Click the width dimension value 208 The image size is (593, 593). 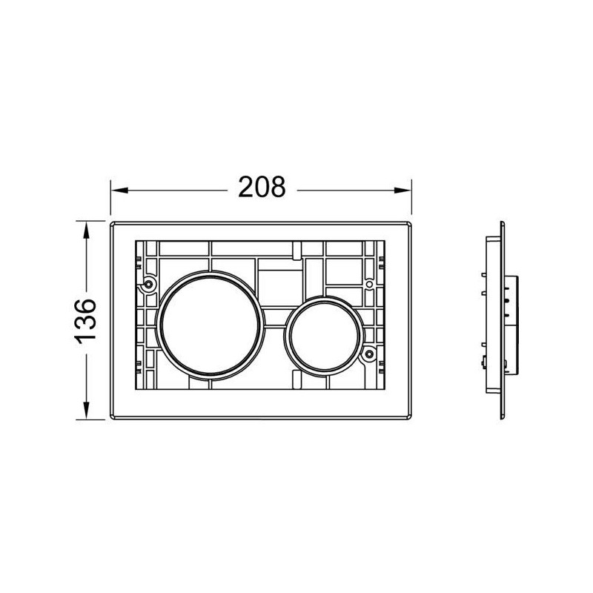click(x=262, y=187)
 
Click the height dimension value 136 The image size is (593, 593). click(x=85, y=321)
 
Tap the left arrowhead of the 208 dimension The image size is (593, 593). click(x=119, y=191)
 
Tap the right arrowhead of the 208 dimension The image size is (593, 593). click(x=402, y=191)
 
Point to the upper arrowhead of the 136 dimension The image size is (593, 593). click(x=86, y=231)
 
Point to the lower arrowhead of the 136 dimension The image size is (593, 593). click(x=86, y=411)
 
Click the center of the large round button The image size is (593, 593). click(x=210, y=325)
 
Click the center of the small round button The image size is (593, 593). click(x=324, y=336)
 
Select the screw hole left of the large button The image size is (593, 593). click(x=149, y=284)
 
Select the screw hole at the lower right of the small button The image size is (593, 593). click(x=369, y=354)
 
